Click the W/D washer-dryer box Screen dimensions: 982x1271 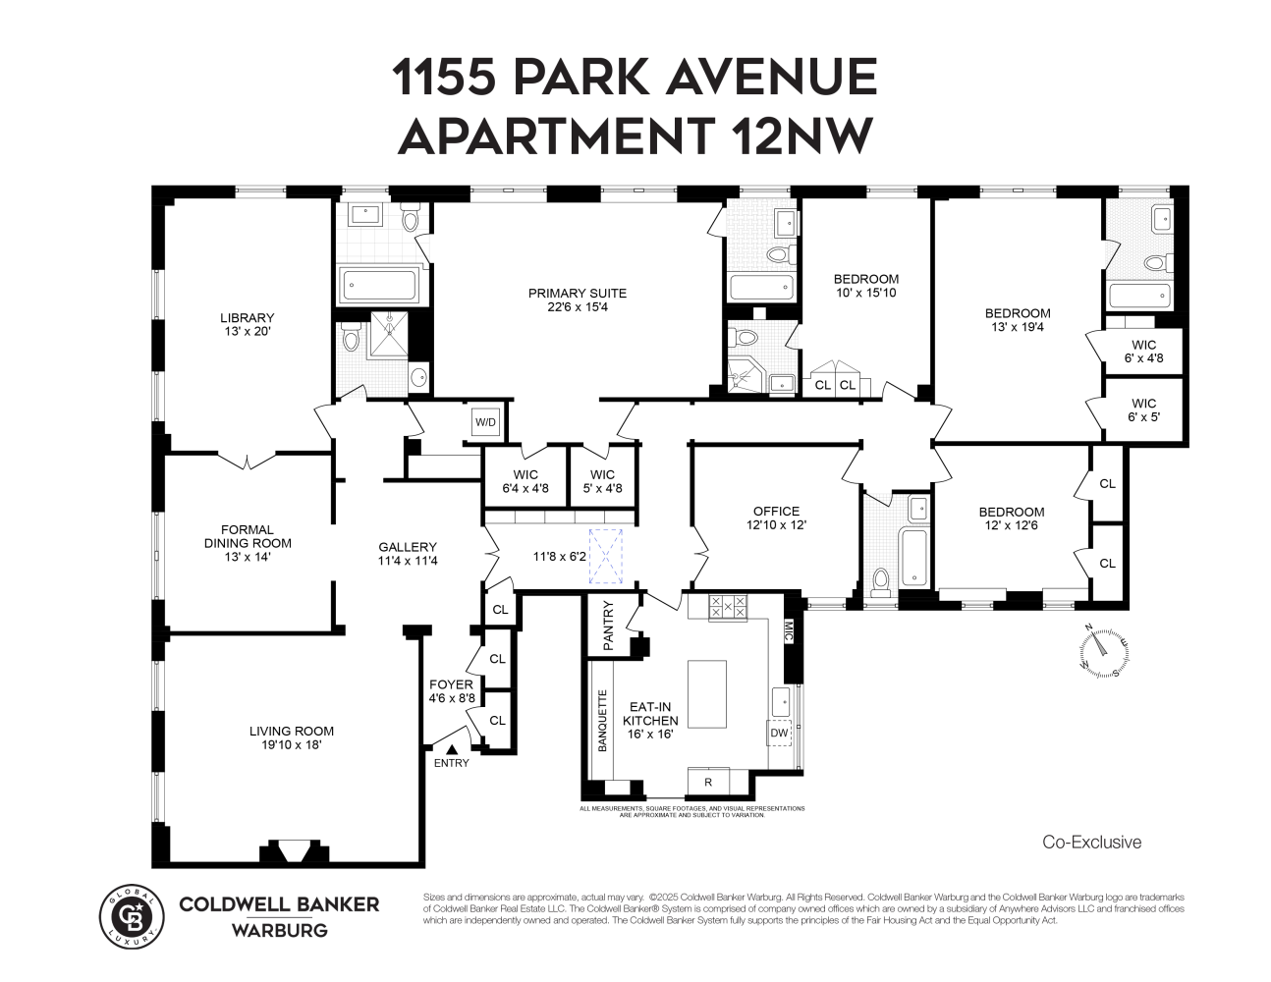click(486, 423)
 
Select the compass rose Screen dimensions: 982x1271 click(1104, 651)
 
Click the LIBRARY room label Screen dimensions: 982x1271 click(247, 324)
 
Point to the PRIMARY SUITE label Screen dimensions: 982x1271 click(577, 300)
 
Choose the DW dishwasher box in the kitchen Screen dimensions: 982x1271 click(779, 733)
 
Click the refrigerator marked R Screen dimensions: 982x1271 click(708, 782)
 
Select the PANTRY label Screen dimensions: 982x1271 click(608, 625)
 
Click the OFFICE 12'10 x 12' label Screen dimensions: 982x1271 click(776, 518)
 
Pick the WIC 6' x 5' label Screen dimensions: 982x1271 click(1143, 409)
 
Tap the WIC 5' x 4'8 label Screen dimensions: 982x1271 click(602, 481)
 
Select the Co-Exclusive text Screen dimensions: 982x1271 click(1091, 842)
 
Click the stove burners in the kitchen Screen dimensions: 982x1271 click(728, 607)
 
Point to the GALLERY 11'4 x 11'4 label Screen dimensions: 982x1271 click(408, 554)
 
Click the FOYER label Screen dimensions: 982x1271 click(451, 691)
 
